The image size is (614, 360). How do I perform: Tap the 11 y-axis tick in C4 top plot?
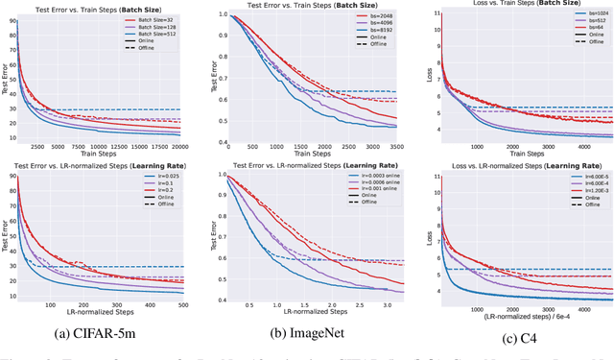[436, 14]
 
